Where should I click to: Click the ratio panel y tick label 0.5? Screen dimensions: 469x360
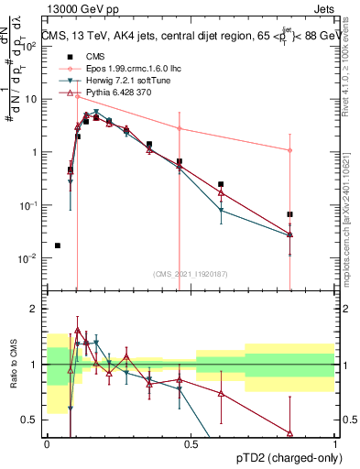point(31,420)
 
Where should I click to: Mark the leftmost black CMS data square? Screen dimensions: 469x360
point(58,245)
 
